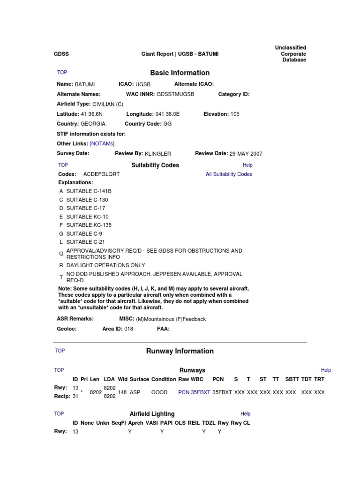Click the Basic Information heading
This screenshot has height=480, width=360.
[180, 73]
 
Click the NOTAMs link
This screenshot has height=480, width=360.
[102, 143]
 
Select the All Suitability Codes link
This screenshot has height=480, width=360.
[229, 174]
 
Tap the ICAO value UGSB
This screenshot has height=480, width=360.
[143, 84]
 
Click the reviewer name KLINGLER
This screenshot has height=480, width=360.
[158, 154]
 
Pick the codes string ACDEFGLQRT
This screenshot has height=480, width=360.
[101, 174]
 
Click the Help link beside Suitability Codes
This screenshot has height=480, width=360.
[247, 165]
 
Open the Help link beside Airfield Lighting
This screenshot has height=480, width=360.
[245, 414]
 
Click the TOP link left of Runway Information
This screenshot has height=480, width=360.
[60, 351]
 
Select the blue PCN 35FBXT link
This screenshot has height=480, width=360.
[194, 392]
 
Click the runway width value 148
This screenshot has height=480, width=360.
[122, 392]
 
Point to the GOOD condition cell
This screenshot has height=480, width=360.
[159, 392]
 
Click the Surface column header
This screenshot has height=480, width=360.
[139, 379]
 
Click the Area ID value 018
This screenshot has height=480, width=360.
[128, 329]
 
